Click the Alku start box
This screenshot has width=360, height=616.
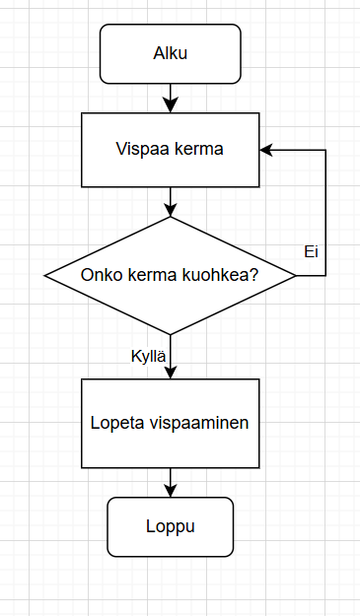[x=171, y=53]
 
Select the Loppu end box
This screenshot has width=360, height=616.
[x=171, y=526]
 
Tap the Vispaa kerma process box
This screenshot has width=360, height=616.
[x=171, y=150]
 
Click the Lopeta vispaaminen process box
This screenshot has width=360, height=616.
[x=171, y=423]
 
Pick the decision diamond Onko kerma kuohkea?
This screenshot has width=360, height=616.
[x=171, y=275]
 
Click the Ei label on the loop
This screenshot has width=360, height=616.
[x=311, y=252]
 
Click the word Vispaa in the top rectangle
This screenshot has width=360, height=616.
[x=141, y=150]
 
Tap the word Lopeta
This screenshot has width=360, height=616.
[x=116, y=423]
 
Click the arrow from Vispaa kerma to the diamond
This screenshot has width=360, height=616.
[x=171, y=202]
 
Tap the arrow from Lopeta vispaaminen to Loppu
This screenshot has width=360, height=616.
[x=171, y=482]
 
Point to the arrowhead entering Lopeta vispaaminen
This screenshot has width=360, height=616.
[x=171, y=372]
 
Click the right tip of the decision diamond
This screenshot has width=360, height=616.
[x=295, y=276]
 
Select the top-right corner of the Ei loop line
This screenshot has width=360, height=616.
[x=325, y=150]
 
